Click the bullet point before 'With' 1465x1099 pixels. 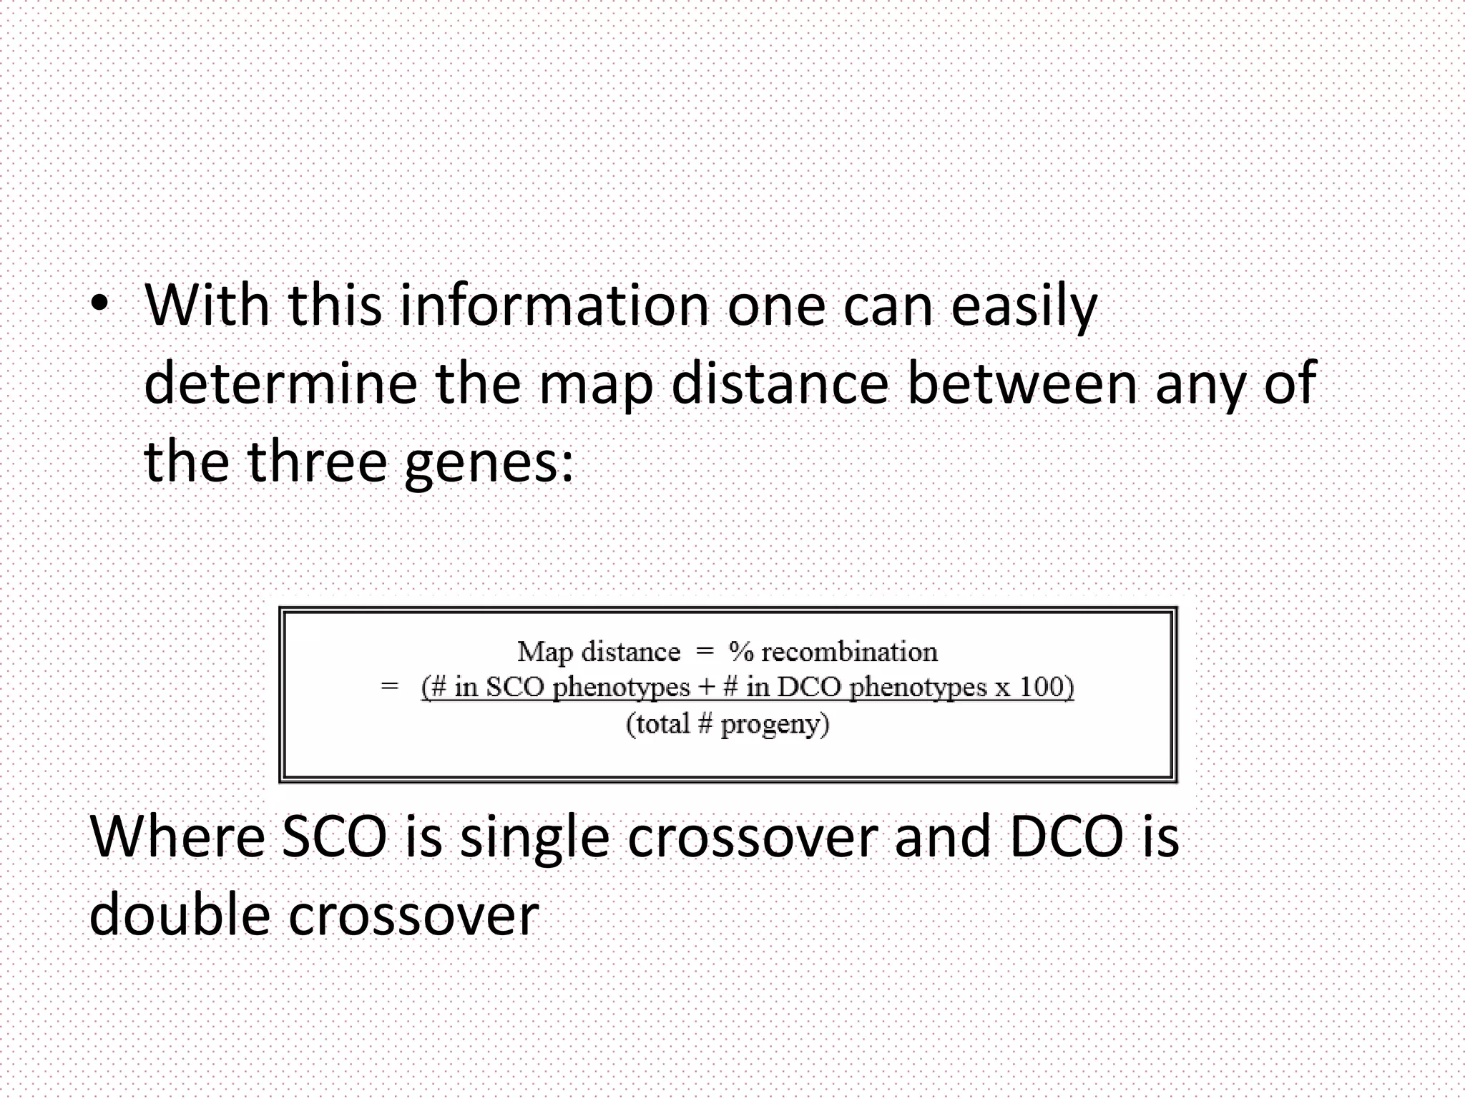[x=100, y=306]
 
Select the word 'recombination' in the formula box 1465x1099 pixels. [x=849, y=652]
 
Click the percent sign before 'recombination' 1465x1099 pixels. [x=741, y=652]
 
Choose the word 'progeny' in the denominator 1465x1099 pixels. [x=771, y=726]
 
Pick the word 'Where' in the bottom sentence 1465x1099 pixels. [x=177, y=837]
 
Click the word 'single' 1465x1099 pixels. [x=534, y=839]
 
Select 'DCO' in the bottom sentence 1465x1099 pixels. [x=1065, y=837]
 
